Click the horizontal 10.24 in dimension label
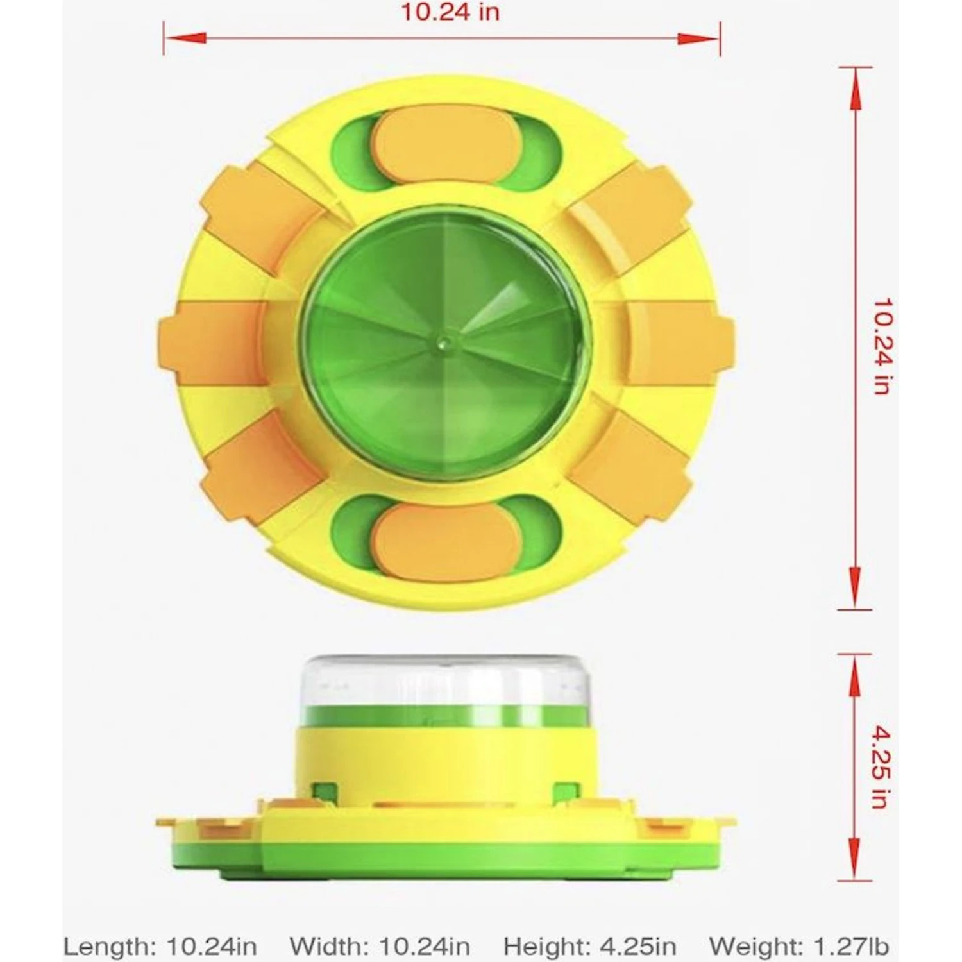click(x=450, y=12)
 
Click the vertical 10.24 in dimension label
click(x=882, y=346)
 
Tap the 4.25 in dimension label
click(x=882, y=767)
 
